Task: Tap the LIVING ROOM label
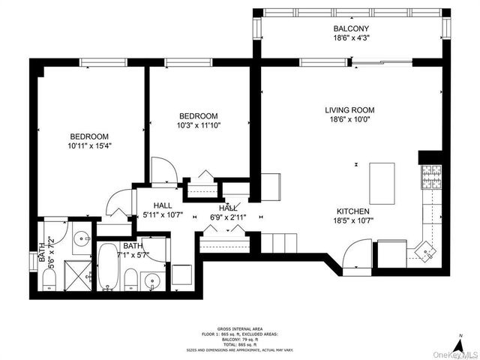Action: click(x=349, y=110)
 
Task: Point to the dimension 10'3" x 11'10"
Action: click(x=198, y=126)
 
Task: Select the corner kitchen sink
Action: click(x=425, y=250)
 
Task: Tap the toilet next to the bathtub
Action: click(x=130, y=280)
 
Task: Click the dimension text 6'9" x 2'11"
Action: click(x=227, y=217)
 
